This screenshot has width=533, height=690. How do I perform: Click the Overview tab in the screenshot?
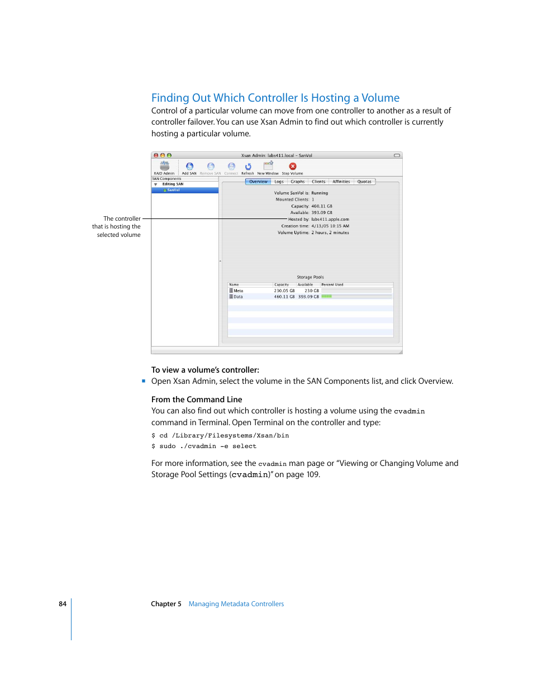[x=258, y=182]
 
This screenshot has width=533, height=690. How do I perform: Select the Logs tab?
[x=279, y=182]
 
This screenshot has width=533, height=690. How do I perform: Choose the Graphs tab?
[x=297, y=182]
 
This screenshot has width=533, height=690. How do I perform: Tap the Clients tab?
[x=318, y=182]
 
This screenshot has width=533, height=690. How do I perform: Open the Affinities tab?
[x=341, y=182]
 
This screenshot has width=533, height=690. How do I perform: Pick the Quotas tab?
[x=364, y=182]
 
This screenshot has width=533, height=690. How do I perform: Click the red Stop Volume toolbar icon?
[x=292, y=166]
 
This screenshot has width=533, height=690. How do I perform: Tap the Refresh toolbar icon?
[x=248, y=166]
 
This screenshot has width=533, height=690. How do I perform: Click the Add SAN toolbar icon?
[x=189, y=166]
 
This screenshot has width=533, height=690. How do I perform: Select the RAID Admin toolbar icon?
[x=164, y=166]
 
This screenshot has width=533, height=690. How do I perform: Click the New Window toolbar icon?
[x=268, y=166]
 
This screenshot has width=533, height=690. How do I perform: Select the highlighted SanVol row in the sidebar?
[x=184, y=190]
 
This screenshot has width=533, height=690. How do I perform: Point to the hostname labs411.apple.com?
[x=330, y=220]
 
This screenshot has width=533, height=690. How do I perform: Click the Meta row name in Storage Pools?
[x=238, y=291]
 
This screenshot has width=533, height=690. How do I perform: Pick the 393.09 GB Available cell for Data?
[x=308, y=297]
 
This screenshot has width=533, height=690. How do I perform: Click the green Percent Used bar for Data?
[x=327, y=297]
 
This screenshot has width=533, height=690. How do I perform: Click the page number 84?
[x=63, y=604]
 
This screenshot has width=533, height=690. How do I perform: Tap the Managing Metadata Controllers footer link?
[x=236, y=604]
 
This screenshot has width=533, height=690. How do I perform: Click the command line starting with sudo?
[x=204, y=446]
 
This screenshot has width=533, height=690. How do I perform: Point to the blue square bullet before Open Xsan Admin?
[x=144, y=381]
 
